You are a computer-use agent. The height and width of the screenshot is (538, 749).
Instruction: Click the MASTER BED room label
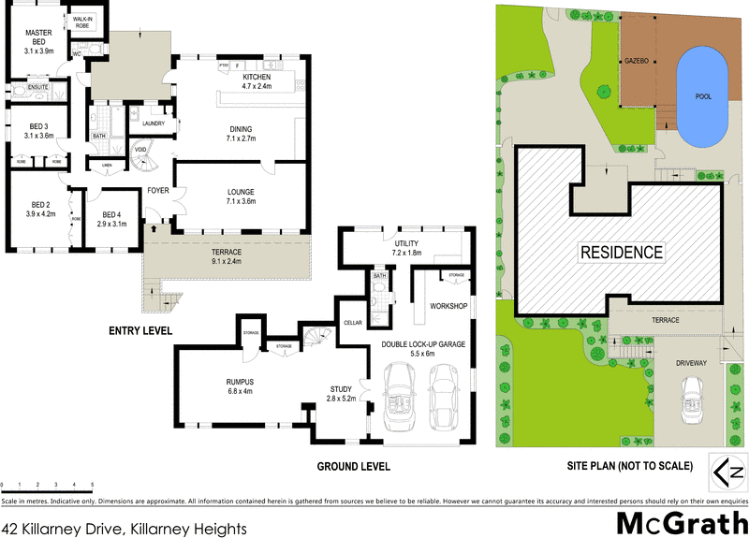[37, 38]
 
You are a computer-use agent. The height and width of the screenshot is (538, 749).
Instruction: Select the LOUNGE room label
[240, 197]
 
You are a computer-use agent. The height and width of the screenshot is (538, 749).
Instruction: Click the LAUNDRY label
[154, 123]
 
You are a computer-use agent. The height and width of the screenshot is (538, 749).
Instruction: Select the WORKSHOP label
[448, 306]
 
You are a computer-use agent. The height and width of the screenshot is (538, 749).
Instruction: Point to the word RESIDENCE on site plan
[622, 253]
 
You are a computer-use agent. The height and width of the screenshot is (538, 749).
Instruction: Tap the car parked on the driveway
[694, 394]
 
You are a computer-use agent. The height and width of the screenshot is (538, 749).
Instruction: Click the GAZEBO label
[637, 61]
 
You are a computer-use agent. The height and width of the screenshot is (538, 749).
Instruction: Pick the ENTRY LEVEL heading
[140, 330]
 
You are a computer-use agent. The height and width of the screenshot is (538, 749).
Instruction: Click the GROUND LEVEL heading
[353, 466]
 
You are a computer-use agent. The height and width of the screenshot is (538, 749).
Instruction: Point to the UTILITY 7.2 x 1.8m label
[408, 248]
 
